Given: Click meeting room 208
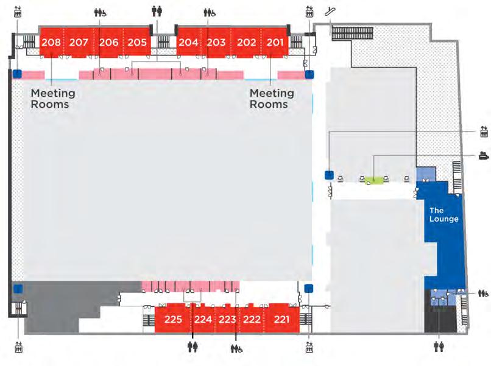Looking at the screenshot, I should click(52, 43).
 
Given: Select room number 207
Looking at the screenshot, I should click(79, 43).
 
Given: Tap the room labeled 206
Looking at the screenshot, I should click(108, 43).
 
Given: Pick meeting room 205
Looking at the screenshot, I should click(137, 43).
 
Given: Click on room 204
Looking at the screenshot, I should click(188, 43).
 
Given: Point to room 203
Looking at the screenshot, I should click(216, 43).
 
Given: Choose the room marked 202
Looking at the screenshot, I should click(246, 43).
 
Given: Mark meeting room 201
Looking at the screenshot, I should click(275, 43).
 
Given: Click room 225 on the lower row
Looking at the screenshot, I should click(174, 319).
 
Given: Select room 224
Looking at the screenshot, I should click(203, 319).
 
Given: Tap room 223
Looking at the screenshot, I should click(227, 319).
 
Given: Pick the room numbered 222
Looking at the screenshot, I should click(252, 319).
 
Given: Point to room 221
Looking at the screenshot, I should click(281, 319).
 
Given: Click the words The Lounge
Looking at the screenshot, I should click(444, 215).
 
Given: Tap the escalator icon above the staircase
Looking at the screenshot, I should click(330, 10).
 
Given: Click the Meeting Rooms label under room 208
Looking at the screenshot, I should click(53, 99).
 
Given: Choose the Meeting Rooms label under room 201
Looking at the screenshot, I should click(272, 99).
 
